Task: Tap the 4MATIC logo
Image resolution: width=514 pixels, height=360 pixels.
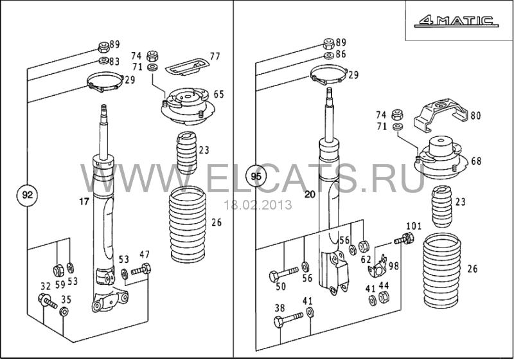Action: click(x=456, y=21)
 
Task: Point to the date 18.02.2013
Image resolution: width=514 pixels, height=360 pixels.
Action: click(x=257, y=205)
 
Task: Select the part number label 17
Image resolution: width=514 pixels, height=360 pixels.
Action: click(x=84, y=202)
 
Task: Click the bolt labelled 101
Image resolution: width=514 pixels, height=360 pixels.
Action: click(x=406, y=240)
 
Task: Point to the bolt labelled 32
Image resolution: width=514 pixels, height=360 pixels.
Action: click(x=48, y=300)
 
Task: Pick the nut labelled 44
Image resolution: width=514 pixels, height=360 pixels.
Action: click(x=385, y=296)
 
